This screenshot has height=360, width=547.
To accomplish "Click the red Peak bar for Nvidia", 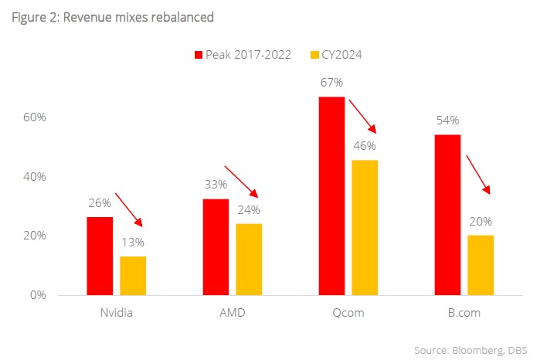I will tap(100, 256).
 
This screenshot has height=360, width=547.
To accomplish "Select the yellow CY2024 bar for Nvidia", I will tap(133, 275).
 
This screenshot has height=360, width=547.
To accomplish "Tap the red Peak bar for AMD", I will tap(216, 246).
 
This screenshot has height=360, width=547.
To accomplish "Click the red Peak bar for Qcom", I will tap(331, 195).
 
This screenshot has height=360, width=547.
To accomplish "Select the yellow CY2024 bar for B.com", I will tap(481, 265).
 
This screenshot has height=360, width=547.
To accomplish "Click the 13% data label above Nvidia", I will tap(132, 243).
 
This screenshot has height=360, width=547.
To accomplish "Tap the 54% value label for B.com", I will tap(447, 121).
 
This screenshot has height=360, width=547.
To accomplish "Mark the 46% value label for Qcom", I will tap(365, 146).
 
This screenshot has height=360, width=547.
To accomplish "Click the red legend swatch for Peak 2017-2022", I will tap(198, 54).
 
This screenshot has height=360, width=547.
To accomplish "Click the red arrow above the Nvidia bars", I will tap(129, 209).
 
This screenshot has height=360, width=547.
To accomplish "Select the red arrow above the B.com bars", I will tap(477, 174).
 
